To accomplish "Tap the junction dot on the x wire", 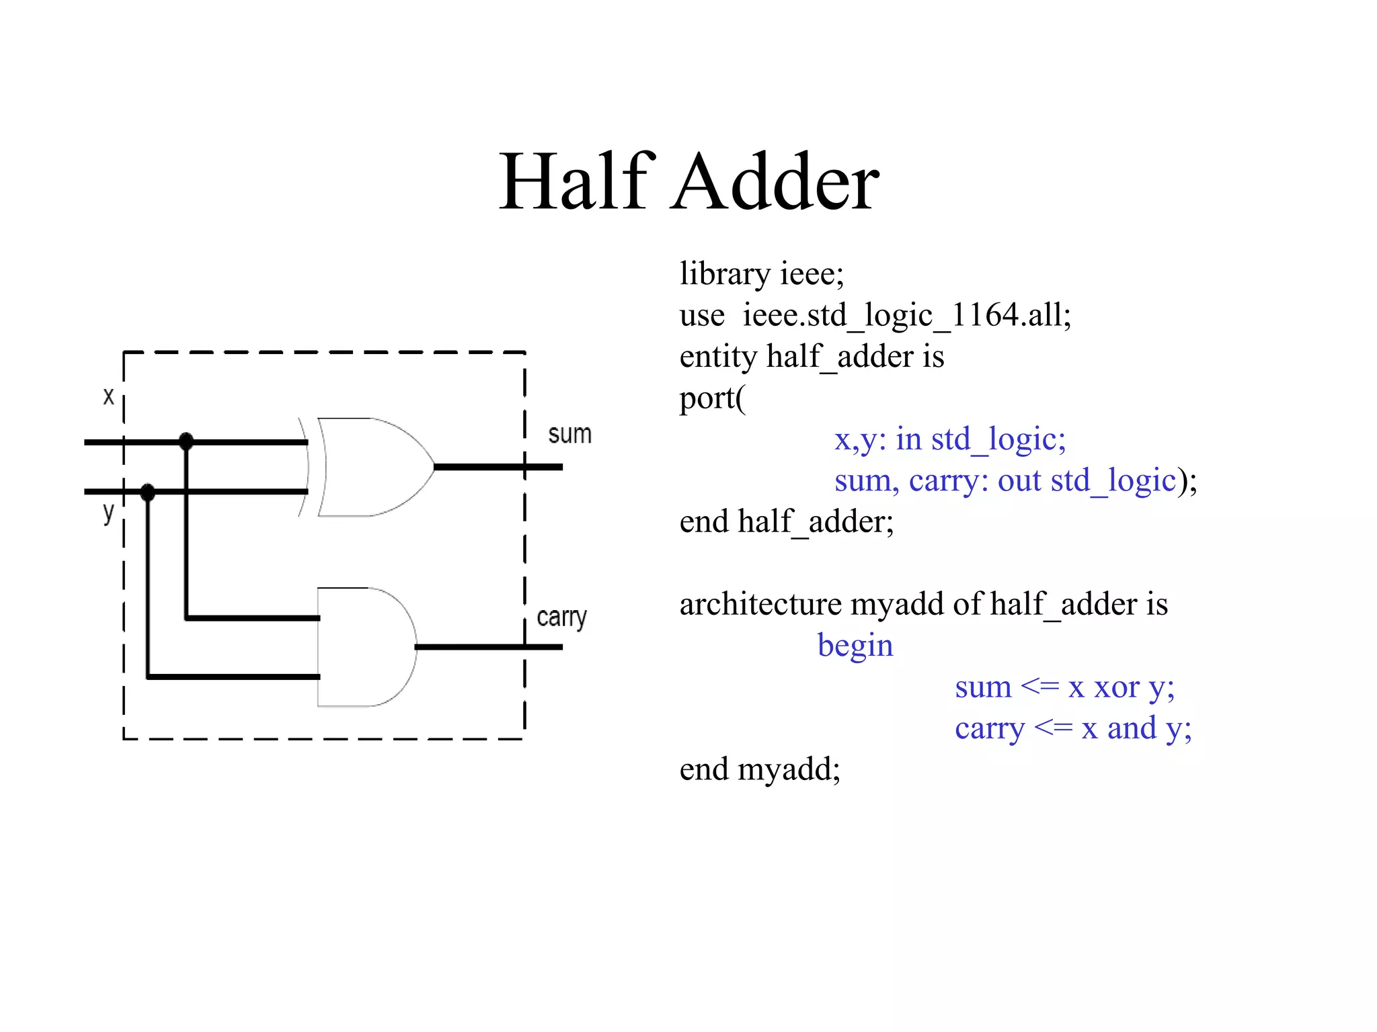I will (x=186, y=441).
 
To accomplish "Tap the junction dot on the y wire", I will (x=148, y=492).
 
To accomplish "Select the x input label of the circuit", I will (x=108, y=396).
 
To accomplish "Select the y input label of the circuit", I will (x=108, y=513).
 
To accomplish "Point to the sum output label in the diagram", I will (x=569, y=435).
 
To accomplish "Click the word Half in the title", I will (x=576, y=181).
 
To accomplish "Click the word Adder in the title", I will (x=776, y=181).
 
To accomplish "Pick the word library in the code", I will (x=725, y=274).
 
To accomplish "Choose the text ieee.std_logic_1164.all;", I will (x=906, y=315).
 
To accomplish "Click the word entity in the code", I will (x=717, y=357).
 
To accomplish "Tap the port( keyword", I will (x=712, y=398).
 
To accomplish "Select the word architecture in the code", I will (x=760, y=604).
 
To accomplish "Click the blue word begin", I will (x=855, y=646).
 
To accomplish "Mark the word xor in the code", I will (x=1117, y=687).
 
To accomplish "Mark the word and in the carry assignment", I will (x=1132, y=728).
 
